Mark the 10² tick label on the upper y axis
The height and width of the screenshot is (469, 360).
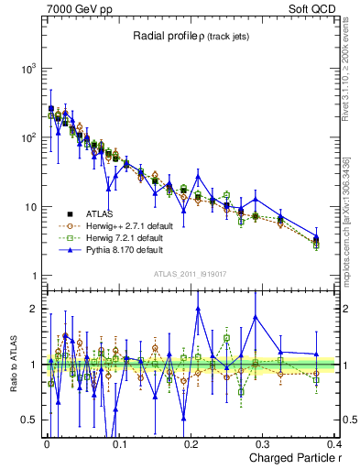click(x=27, y=137)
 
